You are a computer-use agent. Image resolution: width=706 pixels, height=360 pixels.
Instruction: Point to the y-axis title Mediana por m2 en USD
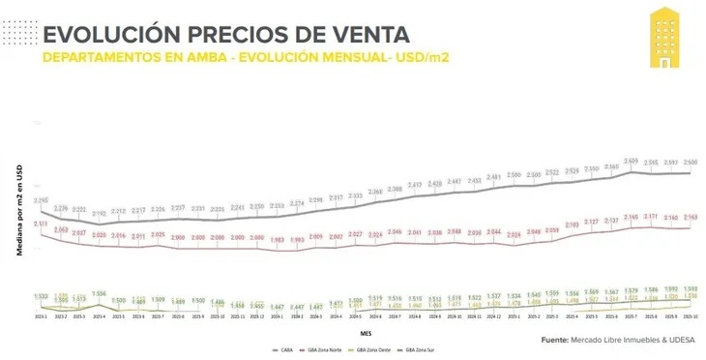pyautogui.click(x=18, y=211)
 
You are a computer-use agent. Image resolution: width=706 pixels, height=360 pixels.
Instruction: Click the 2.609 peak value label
pyautogui.click(x=631, y=161)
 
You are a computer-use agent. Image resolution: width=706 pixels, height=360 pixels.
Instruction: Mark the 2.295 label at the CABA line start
pyautogui.click(x=42, y=200)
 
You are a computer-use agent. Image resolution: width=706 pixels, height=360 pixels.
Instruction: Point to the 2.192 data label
pyautogui.click(x=100, y=213)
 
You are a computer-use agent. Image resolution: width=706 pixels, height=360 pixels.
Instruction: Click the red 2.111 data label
pyautogui.click(x=42, y=224)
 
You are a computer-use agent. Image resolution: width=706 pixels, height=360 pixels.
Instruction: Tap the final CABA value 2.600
pyautogui.click(x=691, y=162)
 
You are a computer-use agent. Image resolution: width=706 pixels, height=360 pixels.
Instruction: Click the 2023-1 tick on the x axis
pyautogui.click(x=42, y=315)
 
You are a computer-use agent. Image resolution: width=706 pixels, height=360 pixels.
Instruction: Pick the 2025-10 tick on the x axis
pyautogui.click(x=691, y=315)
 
